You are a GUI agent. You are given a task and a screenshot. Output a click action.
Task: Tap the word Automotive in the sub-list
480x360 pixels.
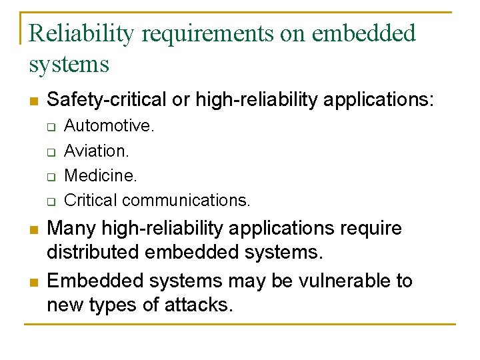109,126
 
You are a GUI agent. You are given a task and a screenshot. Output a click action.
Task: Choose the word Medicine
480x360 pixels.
100,175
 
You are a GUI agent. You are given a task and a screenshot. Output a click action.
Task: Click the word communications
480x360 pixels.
187,200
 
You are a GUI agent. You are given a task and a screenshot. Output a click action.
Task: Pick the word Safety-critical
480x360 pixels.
107,100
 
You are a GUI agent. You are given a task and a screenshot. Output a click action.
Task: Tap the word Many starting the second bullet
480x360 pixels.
71,229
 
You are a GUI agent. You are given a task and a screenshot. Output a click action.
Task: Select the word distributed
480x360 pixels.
93,253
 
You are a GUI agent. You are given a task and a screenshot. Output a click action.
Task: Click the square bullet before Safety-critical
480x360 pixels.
33,101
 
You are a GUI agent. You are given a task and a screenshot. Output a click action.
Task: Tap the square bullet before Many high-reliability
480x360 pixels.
33,230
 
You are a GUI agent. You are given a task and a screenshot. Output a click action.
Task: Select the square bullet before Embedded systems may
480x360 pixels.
33,282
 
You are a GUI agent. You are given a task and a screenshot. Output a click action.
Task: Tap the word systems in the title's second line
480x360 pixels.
69,65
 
